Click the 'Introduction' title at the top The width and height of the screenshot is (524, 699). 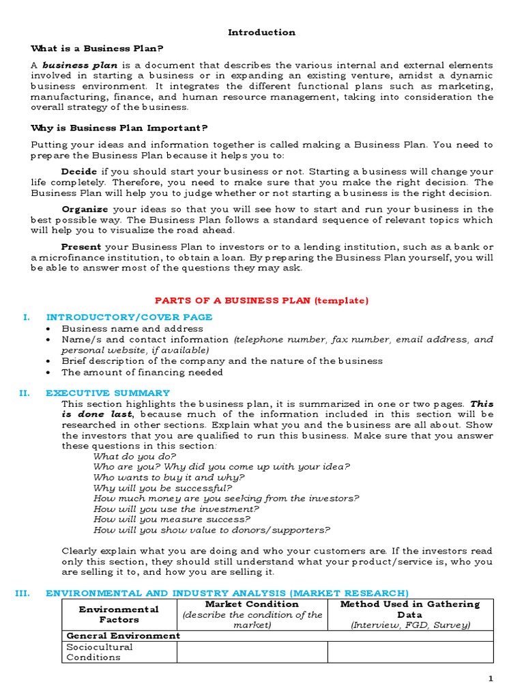[261, 32]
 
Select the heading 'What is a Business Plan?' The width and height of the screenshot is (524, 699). [98, 48]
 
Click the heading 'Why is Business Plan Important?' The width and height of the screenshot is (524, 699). [119, 128]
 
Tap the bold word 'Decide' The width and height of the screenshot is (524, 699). [79, 171]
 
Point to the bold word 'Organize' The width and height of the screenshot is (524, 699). [85, 210]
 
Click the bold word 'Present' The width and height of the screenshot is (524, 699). [81, 246]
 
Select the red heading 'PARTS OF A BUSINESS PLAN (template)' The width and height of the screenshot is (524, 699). [261, 300]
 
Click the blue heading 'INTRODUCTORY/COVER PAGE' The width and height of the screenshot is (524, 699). [129, 317]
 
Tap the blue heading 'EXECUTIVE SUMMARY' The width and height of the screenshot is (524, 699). [108, 393]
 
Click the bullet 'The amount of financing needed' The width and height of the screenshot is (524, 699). [142, 372]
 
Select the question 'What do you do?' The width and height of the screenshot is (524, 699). [134, 456]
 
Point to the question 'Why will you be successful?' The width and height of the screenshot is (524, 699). [162, 488]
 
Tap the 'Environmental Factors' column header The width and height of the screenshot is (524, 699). [119, 614]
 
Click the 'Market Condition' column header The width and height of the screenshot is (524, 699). [252, 604]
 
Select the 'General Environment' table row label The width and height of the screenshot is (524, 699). [123, 636]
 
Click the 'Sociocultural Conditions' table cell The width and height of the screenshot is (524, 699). [100, 652]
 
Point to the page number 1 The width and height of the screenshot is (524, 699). [490, 679]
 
